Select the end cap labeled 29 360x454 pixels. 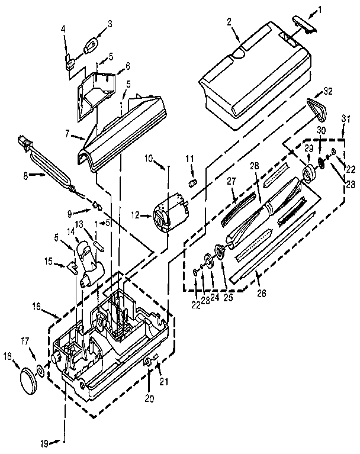pyautogui.click(x=308, y=175)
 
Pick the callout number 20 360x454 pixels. pyautogui.click(x=150, y=398)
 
